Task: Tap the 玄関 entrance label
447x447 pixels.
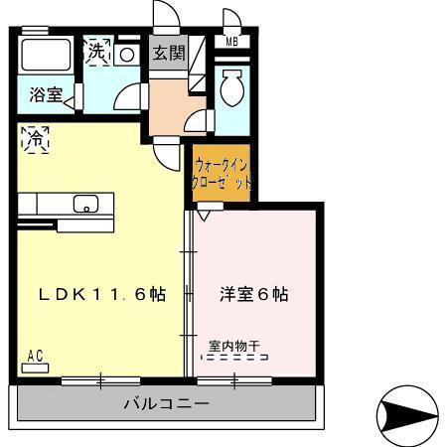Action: tap(167, 53)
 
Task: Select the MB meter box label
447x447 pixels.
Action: tap(230, 41)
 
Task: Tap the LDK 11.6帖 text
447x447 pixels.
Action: tap(101, 295)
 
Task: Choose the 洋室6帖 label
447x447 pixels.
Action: tap(254, 295)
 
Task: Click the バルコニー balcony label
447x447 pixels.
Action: tap(166, 404)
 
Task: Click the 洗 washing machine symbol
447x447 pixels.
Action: tap(96, 51)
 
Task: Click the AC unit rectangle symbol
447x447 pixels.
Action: tap(35, 367)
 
